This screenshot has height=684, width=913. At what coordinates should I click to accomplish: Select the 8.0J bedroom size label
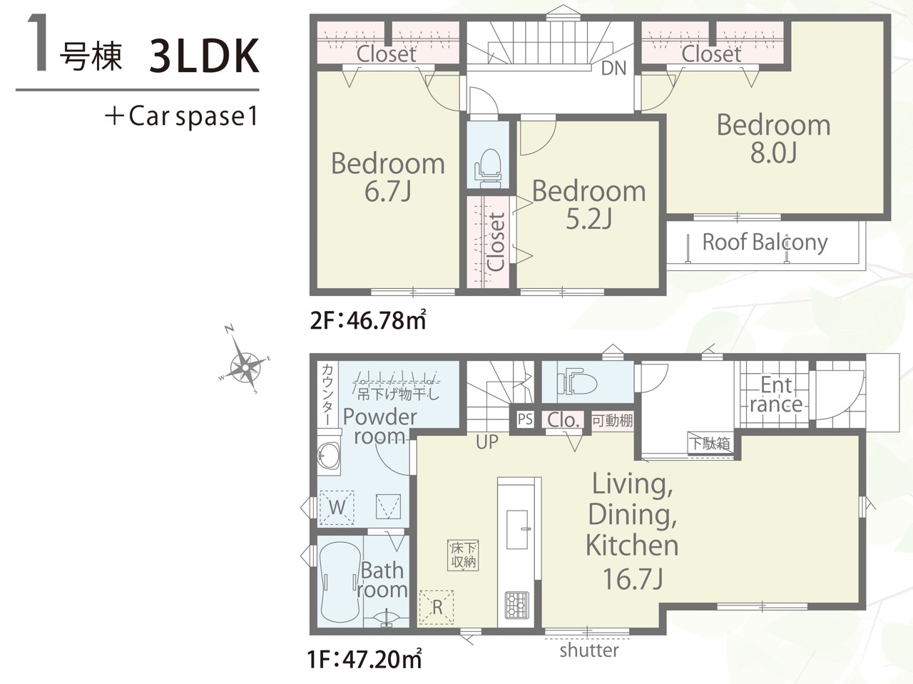coord(773,153)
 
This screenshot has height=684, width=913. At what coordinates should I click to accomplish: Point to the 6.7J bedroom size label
coord(388,192)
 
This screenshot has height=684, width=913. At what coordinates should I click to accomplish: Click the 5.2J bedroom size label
coord(589,219)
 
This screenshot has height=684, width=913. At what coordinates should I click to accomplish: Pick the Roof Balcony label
coord(765,243)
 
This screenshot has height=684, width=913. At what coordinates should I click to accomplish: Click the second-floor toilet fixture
coord(487,169)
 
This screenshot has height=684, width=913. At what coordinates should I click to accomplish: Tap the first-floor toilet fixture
coord(577,382)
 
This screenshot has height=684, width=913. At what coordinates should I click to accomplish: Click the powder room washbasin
coord(329,456)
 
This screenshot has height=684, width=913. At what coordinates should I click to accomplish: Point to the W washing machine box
coord(337,508)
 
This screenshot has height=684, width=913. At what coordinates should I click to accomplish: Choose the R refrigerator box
coord(437,608)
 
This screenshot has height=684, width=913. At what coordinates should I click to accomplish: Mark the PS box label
coord(526,419)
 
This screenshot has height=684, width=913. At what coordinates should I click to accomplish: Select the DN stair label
coord(614,68)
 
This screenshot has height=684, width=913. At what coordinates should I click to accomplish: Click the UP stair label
coord(486,442)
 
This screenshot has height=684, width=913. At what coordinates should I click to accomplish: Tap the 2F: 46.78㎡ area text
coord(368,320)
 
